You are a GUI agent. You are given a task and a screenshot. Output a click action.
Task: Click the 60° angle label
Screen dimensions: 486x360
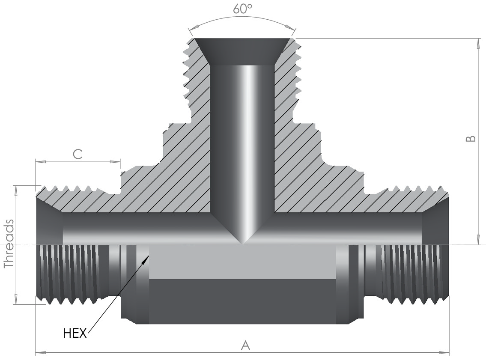[243, 9]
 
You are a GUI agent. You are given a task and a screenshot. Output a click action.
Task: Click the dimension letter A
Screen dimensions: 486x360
[245, 345]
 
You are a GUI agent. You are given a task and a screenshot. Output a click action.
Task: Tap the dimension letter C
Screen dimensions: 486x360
[78, 154]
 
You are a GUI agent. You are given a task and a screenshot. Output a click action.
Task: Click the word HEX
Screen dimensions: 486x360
[75, 333]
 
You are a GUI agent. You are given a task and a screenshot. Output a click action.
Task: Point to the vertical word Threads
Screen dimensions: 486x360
[9, 244]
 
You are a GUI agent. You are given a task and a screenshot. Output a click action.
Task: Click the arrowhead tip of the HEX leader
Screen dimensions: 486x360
[149, 256]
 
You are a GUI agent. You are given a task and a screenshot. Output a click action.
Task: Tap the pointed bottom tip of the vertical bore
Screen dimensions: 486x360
[242, 244]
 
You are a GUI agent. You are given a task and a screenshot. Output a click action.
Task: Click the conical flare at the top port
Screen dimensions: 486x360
[242, 51]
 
